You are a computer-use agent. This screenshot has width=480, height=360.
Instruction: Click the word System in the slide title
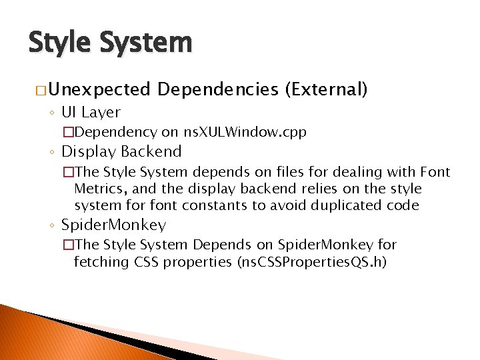pos(146,43)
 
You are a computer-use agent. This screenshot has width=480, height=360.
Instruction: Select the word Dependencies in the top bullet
pos(218,89)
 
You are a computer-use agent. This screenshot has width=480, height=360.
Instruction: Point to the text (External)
pos(326,89)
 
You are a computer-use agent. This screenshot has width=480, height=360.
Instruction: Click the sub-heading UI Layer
pos(91,112)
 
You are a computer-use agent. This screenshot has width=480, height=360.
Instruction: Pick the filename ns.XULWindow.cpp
pos(245,132)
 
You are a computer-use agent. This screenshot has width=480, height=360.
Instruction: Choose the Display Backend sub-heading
pos(121,151)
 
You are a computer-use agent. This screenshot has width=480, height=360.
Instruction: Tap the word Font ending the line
pos(435,173)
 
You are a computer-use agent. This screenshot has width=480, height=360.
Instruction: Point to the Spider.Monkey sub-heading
pos(113,225)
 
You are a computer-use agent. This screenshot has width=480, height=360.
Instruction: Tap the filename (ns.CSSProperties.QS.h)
pos(311,261)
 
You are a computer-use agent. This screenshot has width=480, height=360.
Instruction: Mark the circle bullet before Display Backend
pos(52,153)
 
